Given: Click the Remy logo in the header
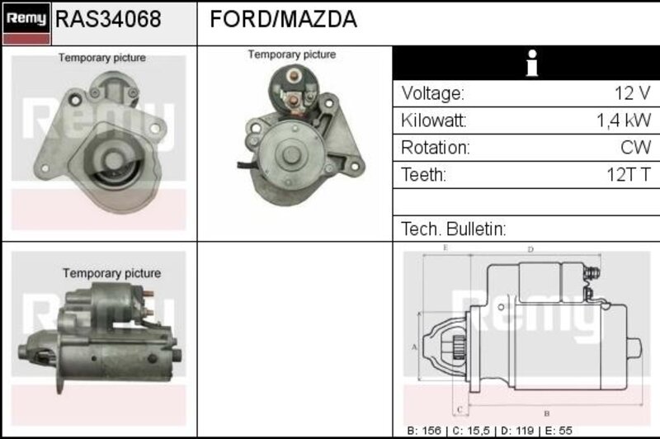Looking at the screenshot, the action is click(26, 23).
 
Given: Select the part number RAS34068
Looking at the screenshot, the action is click(108, 19).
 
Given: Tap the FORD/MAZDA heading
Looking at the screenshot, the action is click(283, 19).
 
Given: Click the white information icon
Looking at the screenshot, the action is click(532, 64).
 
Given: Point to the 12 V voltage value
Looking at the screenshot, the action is click(632, 93).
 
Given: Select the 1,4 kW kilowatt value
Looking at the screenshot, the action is click(624, 120).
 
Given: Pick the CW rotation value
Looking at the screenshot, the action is click(635, 148).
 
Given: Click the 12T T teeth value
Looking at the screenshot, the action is click(629, 174).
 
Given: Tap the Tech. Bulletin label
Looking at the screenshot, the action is click(453, 229).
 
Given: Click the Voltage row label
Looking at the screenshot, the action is click(432, 93).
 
